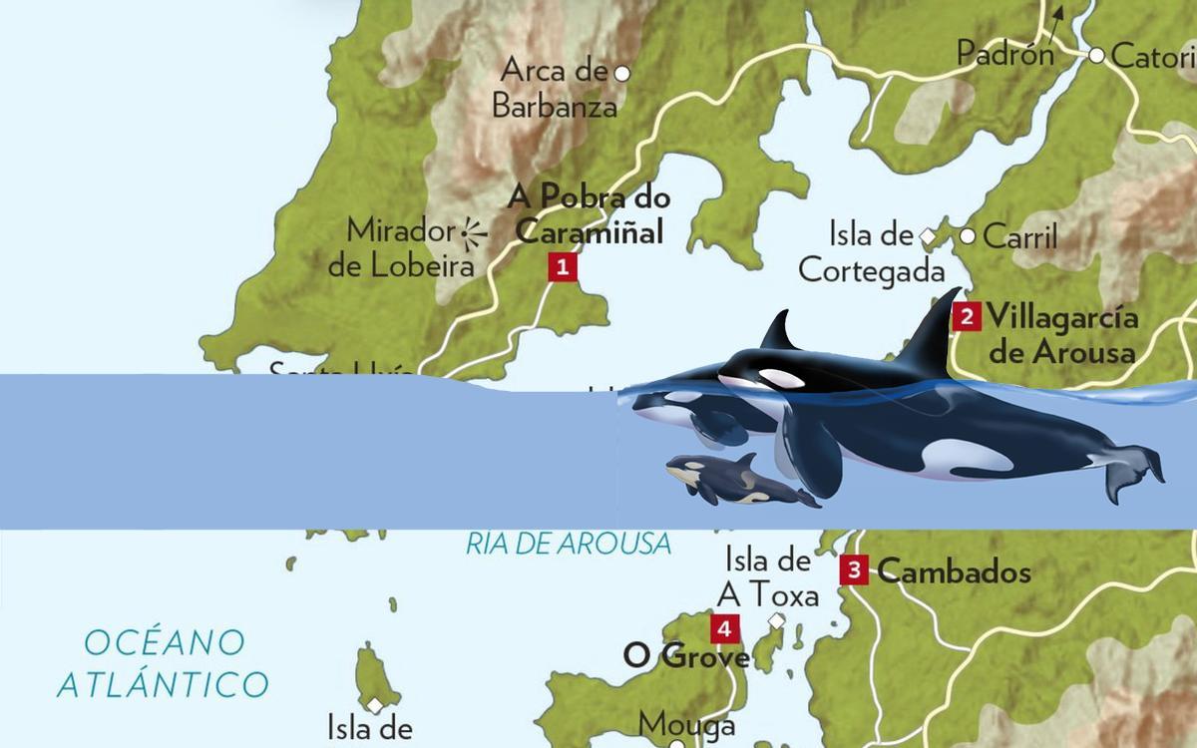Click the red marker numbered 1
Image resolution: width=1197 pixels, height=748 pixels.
pyautogui.click(x=563, y=266)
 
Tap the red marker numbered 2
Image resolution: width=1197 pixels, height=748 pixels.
pyautogui.click(x=966, y=317)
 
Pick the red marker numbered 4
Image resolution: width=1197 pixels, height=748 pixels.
pyautogui.click(x=725, y=628)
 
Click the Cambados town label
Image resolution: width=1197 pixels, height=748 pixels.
pyautogui.click(x=954, y=572)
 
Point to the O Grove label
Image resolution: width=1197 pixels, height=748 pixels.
pyautogui.click(x=686, y=656)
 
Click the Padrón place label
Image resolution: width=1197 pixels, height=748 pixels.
pyautogui.click(x=1004, y=54)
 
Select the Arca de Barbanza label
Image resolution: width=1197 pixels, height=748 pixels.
pyautogui.click(x=555, y=88)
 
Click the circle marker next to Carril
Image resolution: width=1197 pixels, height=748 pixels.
pyautogui.click(x=967, y=236)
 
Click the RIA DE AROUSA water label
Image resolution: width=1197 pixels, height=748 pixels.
pyautogui.click(x=569, y=545)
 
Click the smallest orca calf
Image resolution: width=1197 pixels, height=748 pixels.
pyautogui.click(x=733, y=481)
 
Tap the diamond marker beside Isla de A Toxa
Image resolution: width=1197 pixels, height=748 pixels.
pyautogui.click(x=777, y=620)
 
